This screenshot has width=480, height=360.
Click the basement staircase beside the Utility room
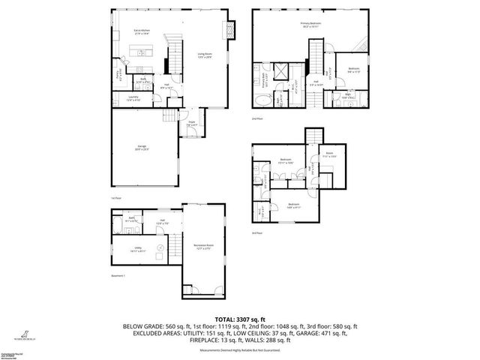point(174,248)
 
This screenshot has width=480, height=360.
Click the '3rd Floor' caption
point(256,233)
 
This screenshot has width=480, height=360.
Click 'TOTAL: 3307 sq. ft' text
point(239,319)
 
